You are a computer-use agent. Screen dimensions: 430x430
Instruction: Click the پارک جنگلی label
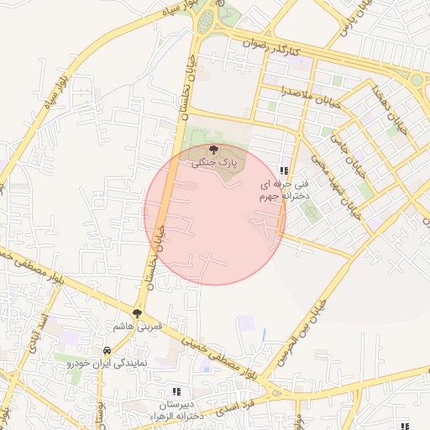218,160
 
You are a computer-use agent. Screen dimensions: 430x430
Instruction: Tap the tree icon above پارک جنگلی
212,149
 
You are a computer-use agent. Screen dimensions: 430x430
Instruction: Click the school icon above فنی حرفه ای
283,170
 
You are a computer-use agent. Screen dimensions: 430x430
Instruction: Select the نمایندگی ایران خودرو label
107,364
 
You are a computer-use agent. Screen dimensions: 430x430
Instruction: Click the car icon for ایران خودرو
107,350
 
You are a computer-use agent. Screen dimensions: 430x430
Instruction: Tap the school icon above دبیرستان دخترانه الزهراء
176,391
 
